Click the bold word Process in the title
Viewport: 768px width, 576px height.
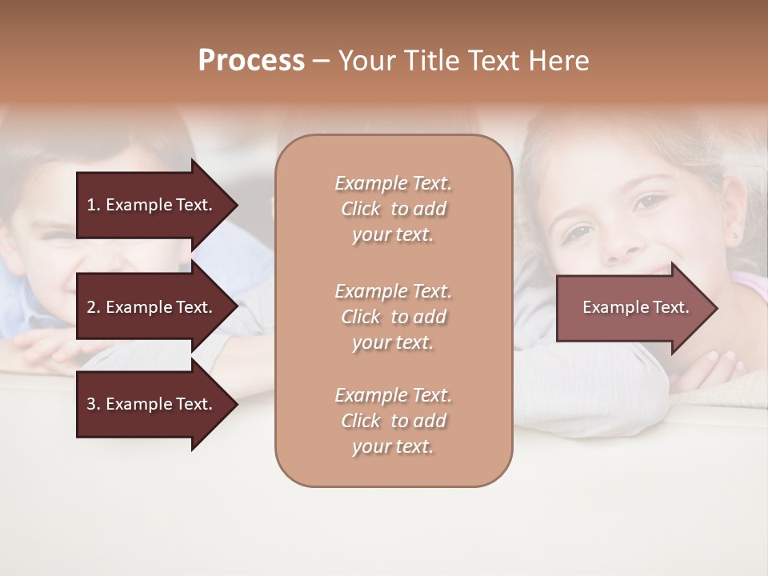pyautogui.click(x=251, y=61)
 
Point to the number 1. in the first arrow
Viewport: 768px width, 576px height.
pyautogui.click(x=94, y=205)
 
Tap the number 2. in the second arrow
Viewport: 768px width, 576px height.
pyautogui.click(x=94, y=307)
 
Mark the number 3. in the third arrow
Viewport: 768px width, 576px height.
pyautogui.click(x=94, y=404)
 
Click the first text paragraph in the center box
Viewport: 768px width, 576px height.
pyautogui.click(x=393, y=209)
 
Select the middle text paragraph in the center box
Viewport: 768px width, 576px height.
pyautogui.click(x=393, y=317)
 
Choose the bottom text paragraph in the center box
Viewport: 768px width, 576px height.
pyautogui.click(x=393, y=421)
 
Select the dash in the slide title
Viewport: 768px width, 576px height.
pyautogui.click(x=321, y=62)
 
